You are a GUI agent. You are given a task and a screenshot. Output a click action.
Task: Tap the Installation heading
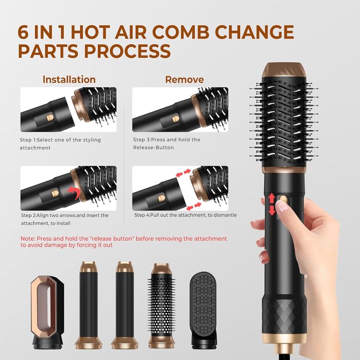69,79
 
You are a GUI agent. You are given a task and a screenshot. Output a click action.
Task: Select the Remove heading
185,79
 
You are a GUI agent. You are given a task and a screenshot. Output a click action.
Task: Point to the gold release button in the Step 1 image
50,118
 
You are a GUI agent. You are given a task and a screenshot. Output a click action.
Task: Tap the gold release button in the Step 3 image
176,119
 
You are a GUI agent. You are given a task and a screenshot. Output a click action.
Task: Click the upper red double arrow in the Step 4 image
183,173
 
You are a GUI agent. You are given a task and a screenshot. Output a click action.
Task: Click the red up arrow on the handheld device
272,199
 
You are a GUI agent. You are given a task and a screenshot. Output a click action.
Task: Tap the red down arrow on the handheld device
272,210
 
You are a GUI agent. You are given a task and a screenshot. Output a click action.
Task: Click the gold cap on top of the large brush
284,70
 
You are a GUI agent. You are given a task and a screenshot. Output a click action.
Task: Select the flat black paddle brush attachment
203,309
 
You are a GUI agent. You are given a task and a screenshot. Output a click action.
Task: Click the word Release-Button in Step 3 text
153,148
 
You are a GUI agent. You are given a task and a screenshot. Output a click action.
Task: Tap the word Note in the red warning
27,239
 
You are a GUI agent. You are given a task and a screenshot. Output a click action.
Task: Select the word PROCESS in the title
128,51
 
